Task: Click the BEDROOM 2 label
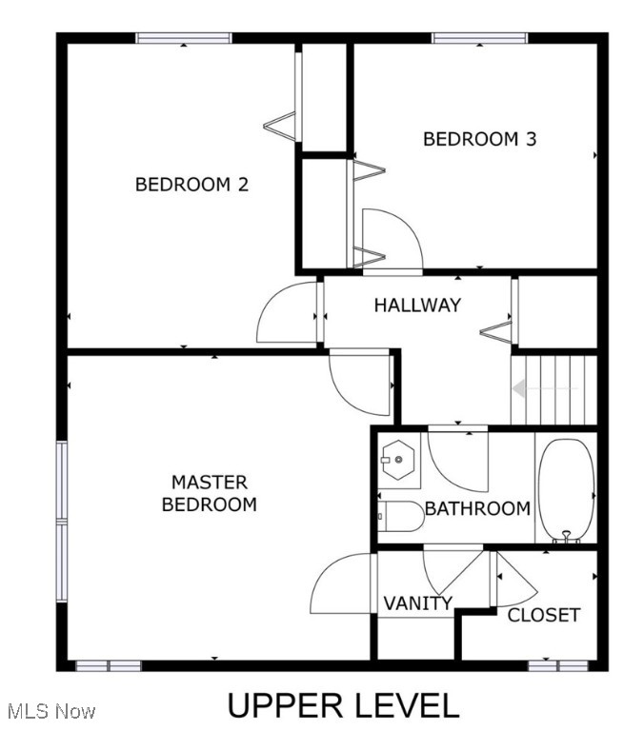[191, 185]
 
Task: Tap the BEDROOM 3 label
[479, 139]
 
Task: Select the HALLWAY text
[416, 306]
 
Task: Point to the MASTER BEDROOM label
[209, 493]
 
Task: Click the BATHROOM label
[476, 508]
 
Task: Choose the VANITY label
[417, 603]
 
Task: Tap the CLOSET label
[543, 615]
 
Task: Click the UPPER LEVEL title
[342, 705]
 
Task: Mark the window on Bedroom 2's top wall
[183, 38]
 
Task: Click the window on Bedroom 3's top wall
[479, 38]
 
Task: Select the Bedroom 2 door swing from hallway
[287, 314]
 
